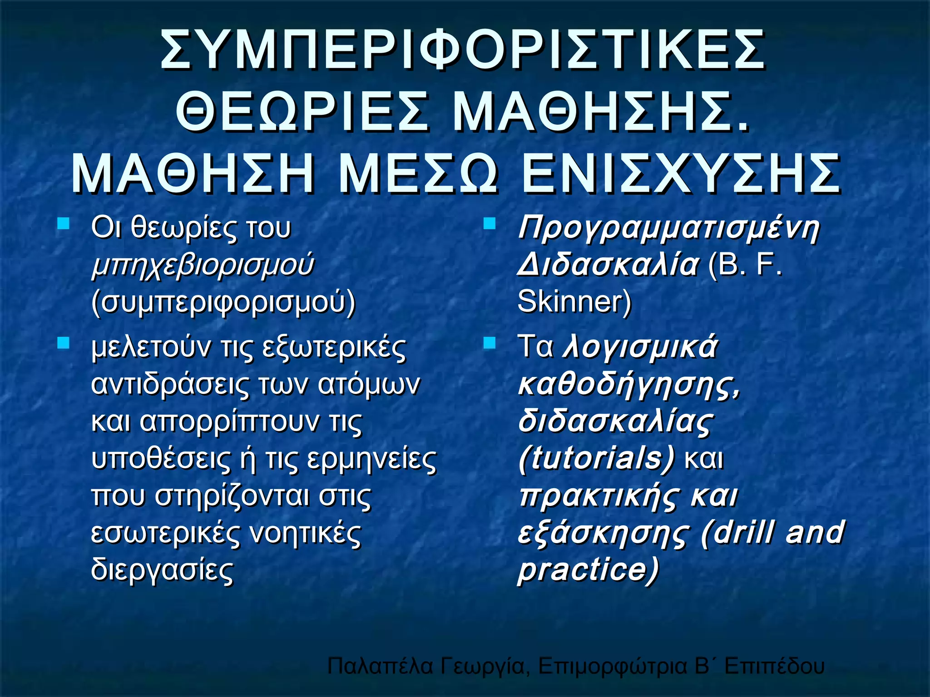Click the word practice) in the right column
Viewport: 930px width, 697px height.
click(x=588, y=570)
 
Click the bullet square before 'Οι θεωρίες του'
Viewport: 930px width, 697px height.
click(x=63, y=224)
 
